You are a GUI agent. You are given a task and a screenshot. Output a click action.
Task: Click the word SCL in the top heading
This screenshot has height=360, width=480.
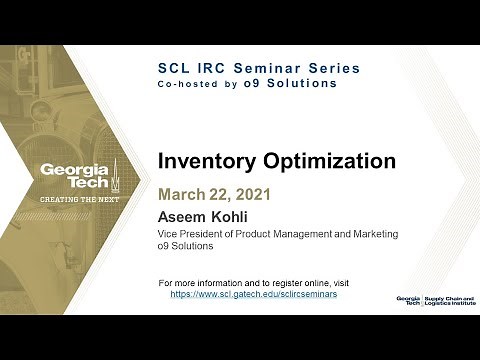(178, 67)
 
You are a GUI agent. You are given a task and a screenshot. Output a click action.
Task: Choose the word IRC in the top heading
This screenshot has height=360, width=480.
(215, 67)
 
